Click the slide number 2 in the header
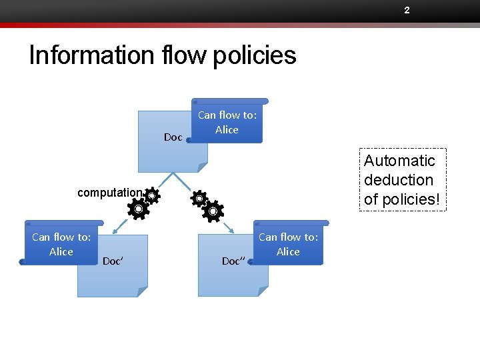(x=406, y=10)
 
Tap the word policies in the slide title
(x=255, y=55)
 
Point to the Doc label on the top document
(x=173, y=137)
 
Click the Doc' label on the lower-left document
(x=112, y=261)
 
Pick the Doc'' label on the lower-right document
(x=233, y=261)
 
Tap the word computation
(x=109, y=193)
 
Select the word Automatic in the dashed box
(x=399, y=161)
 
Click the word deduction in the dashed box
(x=399, y=180)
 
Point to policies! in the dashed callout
(x=402, y=199)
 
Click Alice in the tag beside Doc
(x=227, y=130)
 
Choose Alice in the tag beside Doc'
(x=61, y=252)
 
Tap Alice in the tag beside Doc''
(x=288, y=252)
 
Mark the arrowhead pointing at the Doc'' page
(x=232, y=231)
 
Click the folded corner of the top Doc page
(x=202, y=166)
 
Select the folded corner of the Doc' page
(x=141, y=291)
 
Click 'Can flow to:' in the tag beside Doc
(x=227, y=115)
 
